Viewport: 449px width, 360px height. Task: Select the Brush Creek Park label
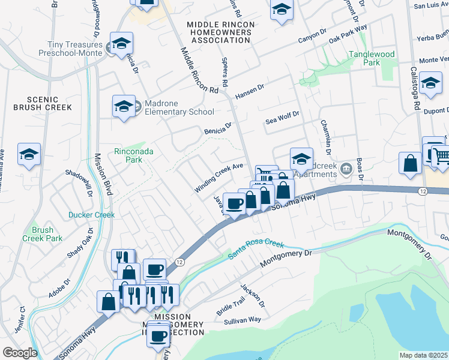click(46, 234)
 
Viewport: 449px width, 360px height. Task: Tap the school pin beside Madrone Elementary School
click(123, 107)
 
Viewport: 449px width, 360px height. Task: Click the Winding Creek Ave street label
click(218, 178)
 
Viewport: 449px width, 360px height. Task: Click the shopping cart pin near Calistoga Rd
click(441, 155)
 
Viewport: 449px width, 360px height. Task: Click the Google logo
click(20, 352)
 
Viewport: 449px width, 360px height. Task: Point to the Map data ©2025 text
click(423, 355)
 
